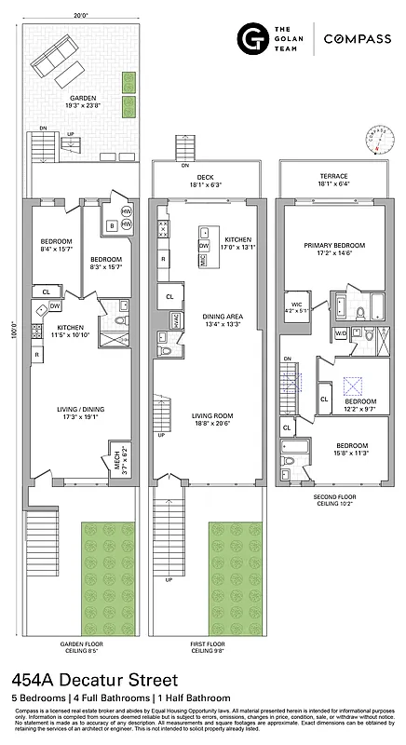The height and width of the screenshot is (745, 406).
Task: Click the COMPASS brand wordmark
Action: point(358,38)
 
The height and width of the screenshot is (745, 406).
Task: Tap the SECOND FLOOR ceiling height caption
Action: point(332,500)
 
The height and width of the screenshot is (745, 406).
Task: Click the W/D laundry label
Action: point(341,332)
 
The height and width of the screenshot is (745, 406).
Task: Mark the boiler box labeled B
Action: point(111,225)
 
